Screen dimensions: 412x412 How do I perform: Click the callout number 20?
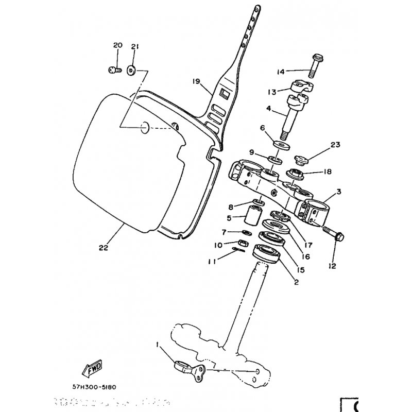[117, 46]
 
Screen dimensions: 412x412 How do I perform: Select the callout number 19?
[196, 81]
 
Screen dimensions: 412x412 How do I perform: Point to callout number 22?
[104, 247]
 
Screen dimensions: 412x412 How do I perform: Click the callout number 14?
[281, 71]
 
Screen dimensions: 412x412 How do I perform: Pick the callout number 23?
[336, 145]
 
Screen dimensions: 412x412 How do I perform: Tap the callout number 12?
[332, 266]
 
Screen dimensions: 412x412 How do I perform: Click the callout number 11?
[210, 262]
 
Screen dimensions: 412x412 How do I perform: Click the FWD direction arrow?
[93, 369]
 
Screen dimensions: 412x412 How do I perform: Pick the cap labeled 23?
[301, 159]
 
